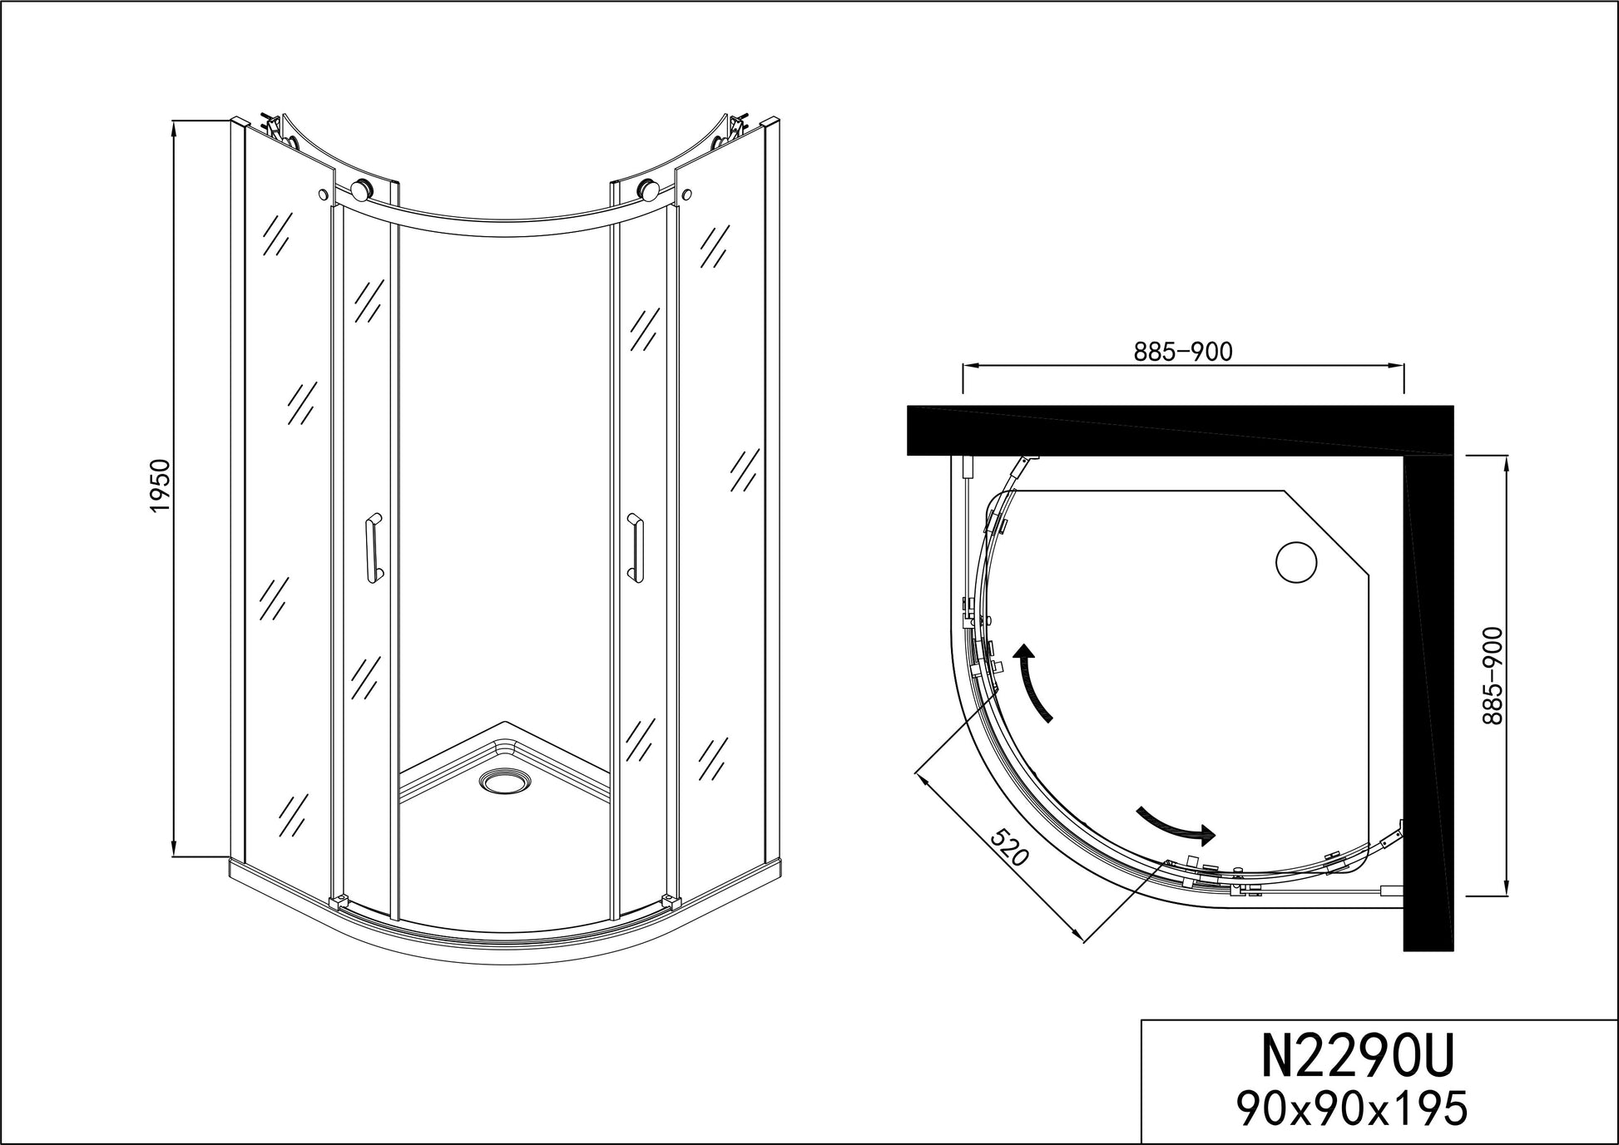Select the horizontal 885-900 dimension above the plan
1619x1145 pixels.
pos(1183,352)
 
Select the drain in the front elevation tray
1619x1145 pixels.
pos(503,782)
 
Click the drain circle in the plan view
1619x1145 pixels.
pos(1296,563)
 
